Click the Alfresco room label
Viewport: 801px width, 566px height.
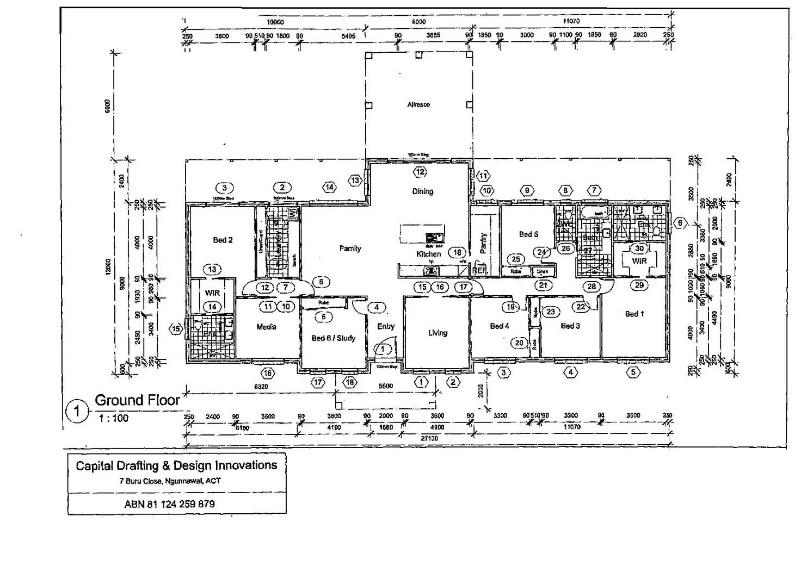[x=418, y=104]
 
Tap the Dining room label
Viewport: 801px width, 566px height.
[x=422, y=191]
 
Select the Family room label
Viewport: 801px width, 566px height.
[x=350, y=248]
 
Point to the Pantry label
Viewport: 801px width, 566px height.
[x=483, y=243]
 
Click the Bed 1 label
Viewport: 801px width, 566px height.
[x=634, y=314]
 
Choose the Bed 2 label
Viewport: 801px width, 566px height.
[x=223, y=240]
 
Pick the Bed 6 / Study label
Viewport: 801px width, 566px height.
[x=333, y=338]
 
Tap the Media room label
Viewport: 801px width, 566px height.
[x=266, y=327]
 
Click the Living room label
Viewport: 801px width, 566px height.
[x=438, y=333]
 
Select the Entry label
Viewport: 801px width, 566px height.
[x=386, y=326]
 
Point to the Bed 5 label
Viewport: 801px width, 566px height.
[x=528, y=234]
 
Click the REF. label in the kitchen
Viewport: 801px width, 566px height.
[x=479, y=270]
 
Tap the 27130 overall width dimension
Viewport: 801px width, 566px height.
[x=429, y=438]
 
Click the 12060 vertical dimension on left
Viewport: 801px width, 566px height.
[x=108, y=266]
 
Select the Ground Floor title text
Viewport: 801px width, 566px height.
[x=137, y=401]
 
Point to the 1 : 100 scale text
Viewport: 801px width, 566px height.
[x=113, y=418]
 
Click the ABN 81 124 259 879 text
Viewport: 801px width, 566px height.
[x=169, y=504]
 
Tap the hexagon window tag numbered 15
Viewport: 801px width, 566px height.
[x=176, y=328]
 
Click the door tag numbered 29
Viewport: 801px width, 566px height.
[x=639, y=285]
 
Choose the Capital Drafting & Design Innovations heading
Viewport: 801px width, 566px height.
[x=176, y=465]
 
